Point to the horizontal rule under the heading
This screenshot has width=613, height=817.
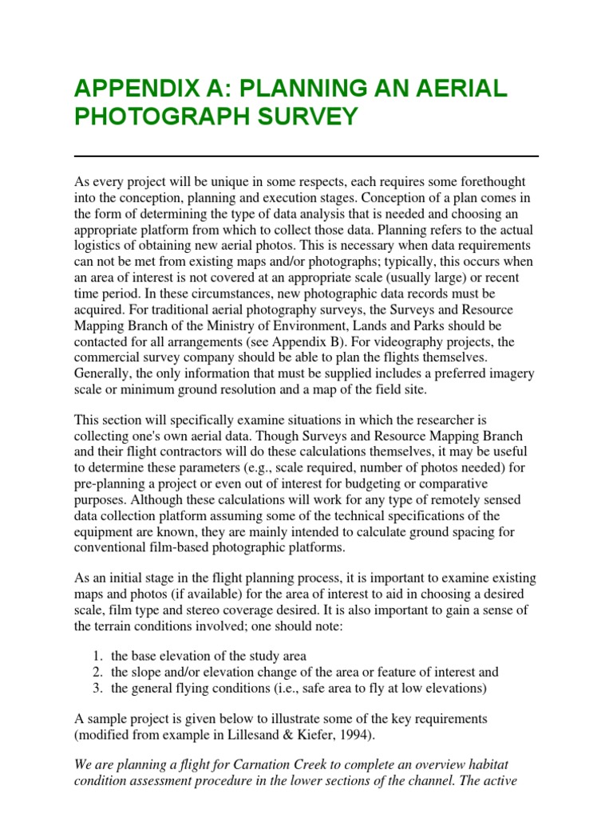click(306, 156)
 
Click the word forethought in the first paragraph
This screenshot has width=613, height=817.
click(492, 182)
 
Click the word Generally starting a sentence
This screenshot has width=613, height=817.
click(103, 373)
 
